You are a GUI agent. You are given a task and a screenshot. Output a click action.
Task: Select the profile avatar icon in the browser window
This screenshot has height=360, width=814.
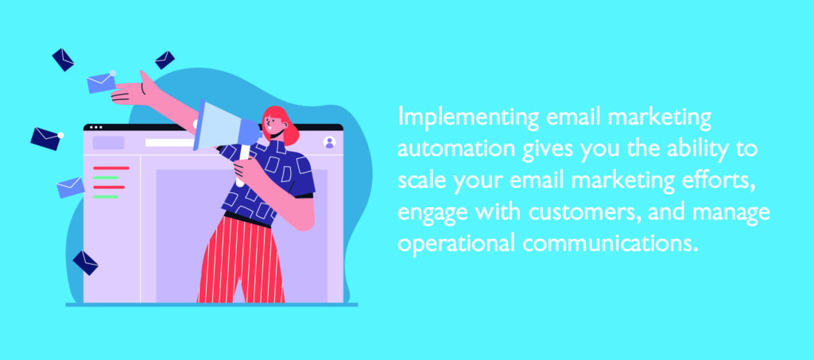pos(329,142)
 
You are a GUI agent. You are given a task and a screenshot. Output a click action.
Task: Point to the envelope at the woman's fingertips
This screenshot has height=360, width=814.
pos(101,82)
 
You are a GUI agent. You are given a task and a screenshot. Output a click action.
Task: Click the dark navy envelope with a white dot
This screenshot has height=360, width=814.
pos(46,138)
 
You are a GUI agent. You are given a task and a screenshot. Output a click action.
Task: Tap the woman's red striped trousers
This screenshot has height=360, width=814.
pos(241,259)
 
